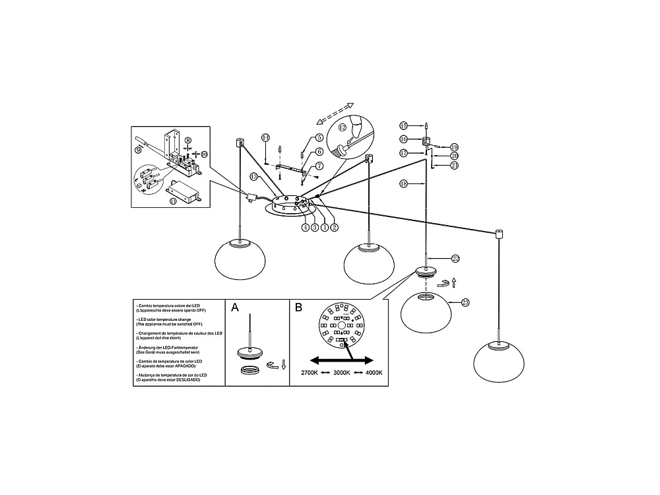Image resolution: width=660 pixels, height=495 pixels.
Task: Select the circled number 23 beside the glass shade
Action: point(465,302)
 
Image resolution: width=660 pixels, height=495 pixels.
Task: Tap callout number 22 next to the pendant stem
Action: point(455,258)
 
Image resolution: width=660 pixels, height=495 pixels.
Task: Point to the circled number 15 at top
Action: point(404,125)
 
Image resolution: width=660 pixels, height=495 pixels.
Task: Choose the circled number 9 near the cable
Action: point(138,150)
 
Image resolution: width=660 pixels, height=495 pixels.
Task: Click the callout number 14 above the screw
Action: point(265,137)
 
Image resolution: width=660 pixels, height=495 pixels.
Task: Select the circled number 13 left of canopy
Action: point(253,176)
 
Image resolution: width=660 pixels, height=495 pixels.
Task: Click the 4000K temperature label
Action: point(373,373)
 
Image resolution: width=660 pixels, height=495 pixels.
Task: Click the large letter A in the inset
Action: point(235,308)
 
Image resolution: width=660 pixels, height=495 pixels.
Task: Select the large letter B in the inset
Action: point(298,308)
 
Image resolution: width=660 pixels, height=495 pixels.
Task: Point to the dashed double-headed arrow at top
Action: point(335,113)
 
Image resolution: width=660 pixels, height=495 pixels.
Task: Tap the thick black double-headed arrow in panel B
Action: point(343,360)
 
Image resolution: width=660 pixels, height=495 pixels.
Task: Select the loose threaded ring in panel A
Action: point(250,371)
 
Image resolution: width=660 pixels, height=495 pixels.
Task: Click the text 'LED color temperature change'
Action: point(169,319)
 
